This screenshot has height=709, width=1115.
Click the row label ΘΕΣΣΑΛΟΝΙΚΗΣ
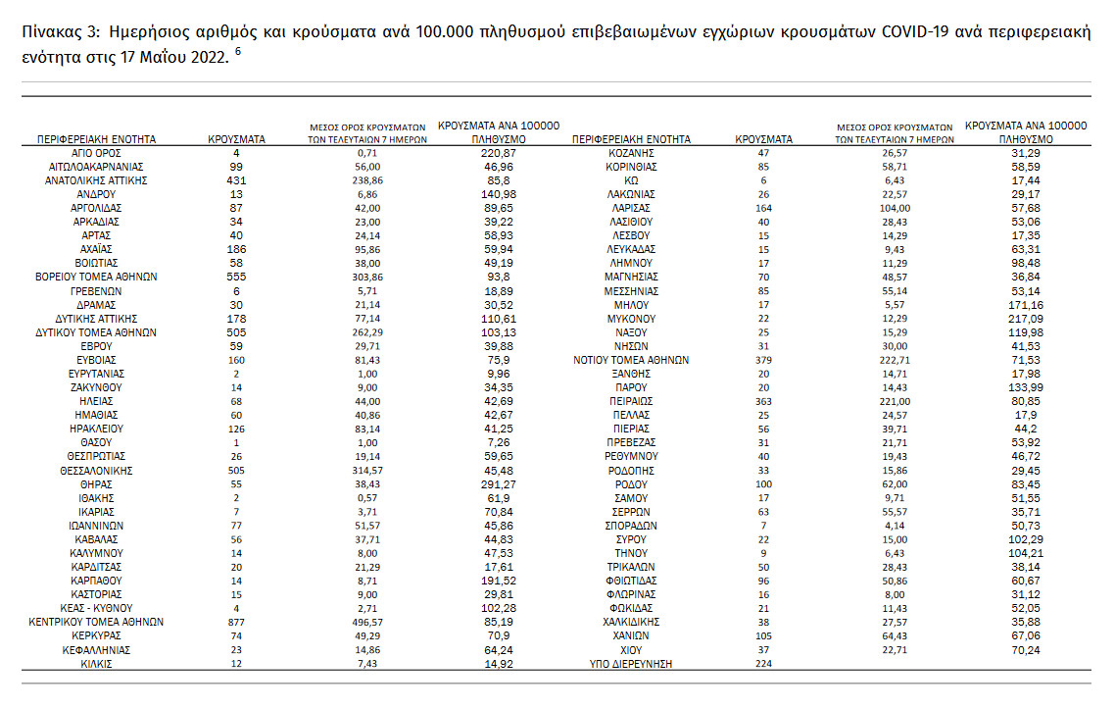pos(96,470)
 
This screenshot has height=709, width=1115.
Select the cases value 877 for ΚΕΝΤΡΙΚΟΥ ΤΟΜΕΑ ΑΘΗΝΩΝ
pos(236,622)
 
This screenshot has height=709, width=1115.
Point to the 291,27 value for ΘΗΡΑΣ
pos(499,483)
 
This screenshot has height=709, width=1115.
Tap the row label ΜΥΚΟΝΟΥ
pos(631,319)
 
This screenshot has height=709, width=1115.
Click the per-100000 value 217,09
pos(1027,319)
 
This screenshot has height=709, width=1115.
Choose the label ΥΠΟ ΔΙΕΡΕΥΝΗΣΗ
pos(631,664)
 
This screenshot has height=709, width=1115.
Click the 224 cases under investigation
pos(763,664)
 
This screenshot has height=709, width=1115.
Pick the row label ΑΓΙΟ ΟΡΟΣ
pos(96,153)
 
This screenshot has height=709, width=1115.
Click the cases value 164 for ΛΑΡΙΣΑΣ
pos(763,208)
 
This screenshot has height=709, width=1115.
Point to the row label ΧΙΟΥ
pos(631,649)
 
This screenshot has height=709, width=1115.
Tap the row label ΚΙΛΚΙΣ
pos(96,664)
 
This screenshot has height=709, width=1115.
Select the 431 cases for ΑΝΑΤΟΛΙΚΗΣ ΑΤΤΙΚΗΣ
pos(236,180)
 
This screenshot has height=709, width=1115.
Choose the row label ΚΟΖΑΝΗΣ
pos(631,153)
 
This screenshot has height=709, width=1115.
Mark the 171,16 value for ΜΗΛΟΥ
pos(1027,305)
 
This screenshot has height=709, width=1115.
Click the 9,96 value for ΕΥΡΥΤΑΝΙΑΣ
pos(499,374)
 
